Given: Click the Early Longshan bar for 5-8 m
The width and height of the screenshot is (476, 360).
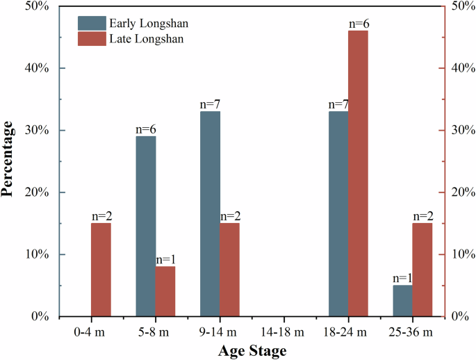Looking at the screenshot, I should (x=146, y=226).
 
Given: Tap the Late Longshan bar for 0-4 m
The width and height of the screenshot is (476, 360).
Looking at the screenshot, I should (x=101, y=270).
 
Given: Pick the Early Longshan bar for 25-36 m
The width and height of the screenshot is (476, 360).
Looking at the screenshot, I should (x=403, y=300).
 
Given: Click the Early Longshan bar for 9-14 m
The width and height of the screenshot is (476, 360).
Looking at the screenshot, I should (x=210, y=213).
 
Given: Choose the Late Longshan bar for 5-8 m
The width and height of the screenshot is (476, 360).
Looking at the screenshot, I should (x=165, y=291).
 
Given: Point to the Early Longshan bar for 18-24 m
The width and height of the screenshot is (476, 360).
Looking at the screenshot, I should (x=338, y=213).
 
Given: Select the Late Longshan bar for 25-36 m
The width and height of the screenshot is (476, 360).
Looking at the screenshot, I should (x=422, y=270).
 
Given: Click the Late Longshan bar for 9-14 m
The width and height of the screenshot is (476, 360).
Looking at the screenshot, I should (x=230, y=270).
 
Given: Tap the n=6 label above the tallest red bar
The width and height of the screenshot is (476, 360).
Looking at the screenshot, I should (x=359, y=24).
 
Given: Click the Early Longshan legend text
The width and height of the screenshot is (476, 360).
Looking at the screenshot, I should (x=149, y=24).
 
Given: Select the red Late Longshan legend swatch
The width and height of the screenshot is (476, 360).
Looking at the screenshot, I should (x=90, y=39).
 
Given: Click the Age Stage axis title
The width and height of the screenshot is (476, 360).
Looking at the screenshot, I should (x=252, y=351).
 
